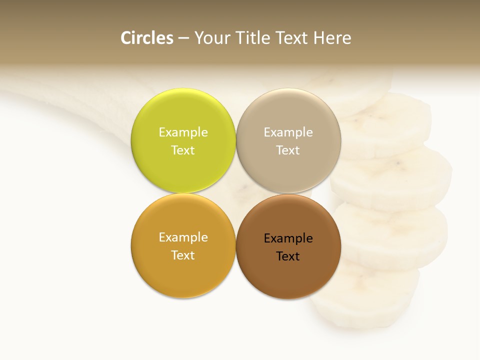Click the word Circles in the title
(x=147, y=38)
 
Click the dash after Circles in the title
(x=183, y=38)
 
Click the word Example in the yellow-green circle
(x=183, y=132)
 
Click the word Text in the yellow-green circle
(x=183, y=150)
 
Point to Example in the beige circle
(x=288, y=132)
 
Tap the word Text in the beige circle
(x=288, y=150)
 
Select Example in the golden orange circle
(x=183, y=237)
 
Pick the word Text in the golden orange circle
(x=183, y=255)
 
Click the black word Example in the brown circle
(x=288, y=238)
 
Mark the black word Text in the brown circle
(x=288, y=256)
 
